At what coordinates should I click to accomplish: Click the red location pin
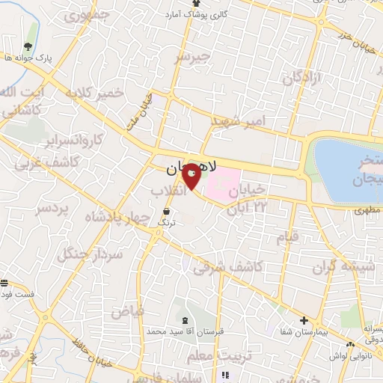pyautogui.click(x=191, y=174)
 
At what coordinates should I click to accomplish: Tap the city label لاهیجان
pyautogui.click(x=190, y=169)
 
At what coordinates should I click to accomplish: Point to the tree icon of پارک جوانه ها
pyautogui.click(x=28, y=46)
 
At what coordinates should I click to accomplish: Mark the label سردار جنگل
pyautogui.click(x=90, y=254)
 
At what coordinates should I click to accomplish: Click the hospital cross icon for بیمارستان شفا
pyautogui.click(x=304, y=321)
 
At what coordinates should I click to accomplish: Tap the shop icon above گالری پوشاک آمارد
pyautogui.click(x=195, y=4)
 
